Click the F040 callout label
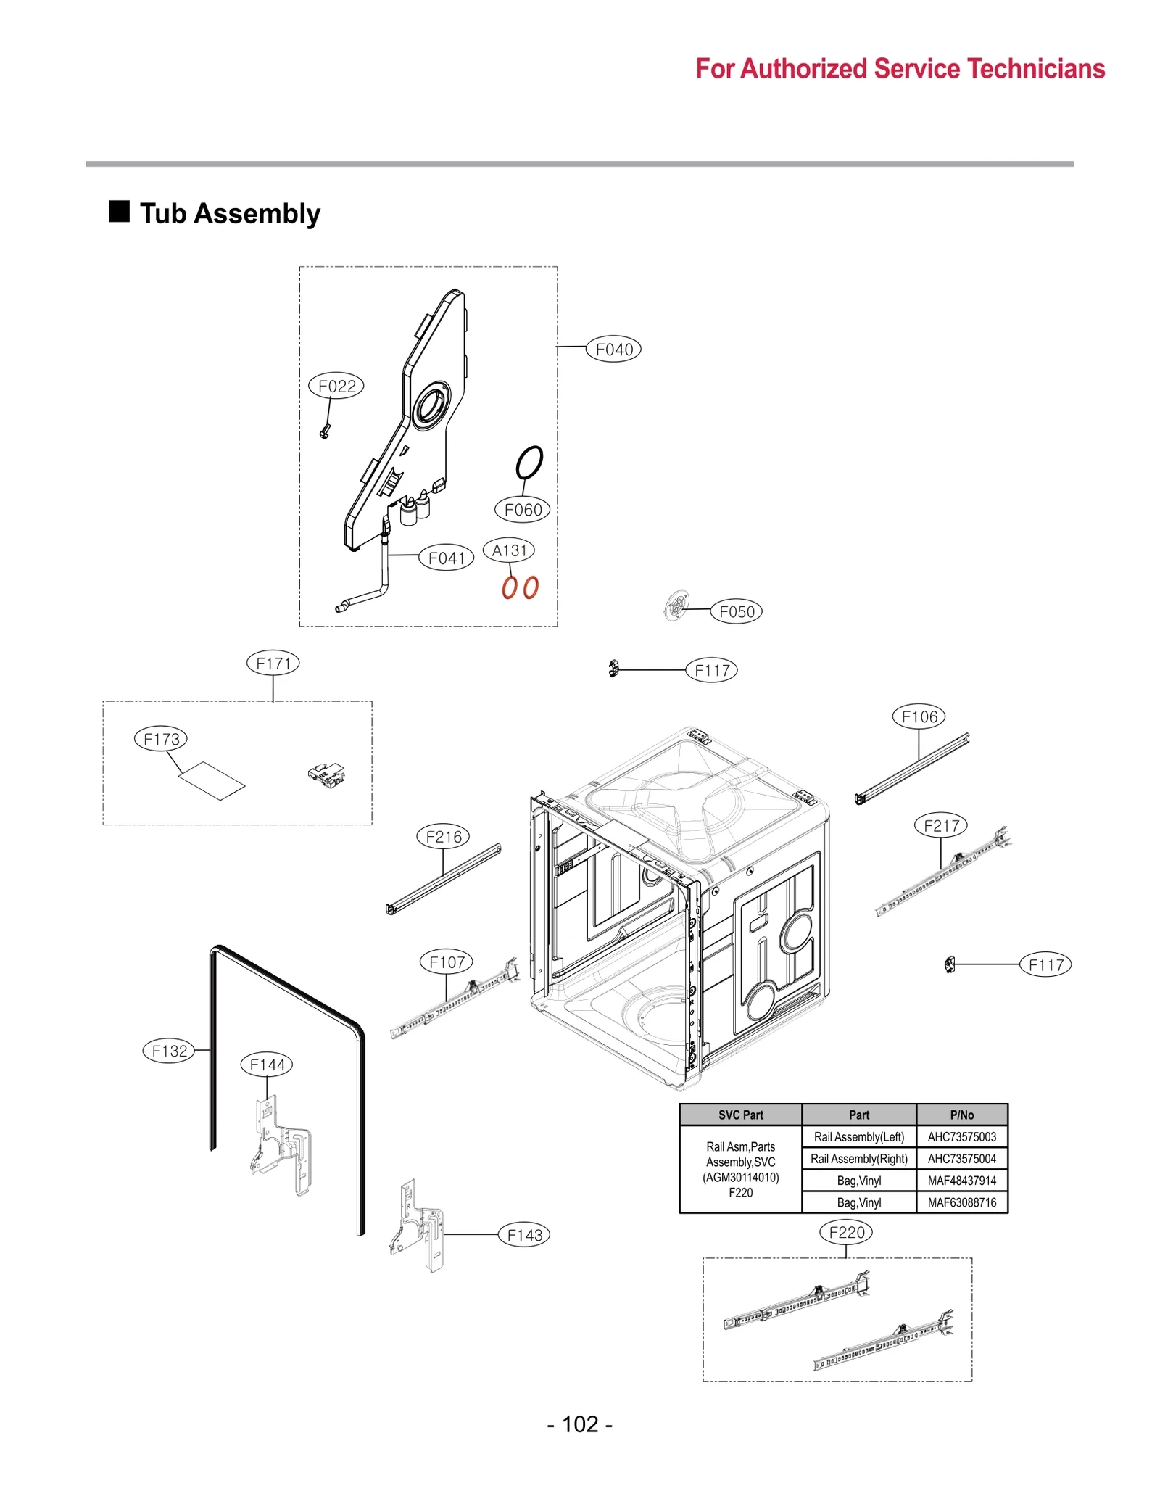pos(613,350)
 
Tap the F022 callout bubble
pos(336,386)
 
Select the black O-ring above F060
pos(529,462)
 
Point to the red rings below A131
pos(520,587)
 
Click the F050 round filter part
pos(676,606)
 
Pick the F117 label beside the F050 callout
pos(711,670)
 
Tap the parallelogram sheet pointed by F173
pos(212,780)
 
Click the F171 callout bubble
pos(273,663)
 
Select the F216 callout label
pos(443,836)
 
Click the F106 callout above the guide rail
pos(918,716)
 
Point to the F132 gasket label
pos(169,1050)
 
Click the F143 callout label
pos(523,1234)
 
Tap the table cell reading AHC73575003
pos(961,1136)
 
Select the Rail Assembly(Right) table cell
pos(858,1158)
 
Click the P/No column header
pos(961,1115)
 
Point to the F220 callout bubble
pos(846,1231)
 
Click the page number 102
pos(579,1424)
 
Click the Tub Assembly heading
pos(229,214)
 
